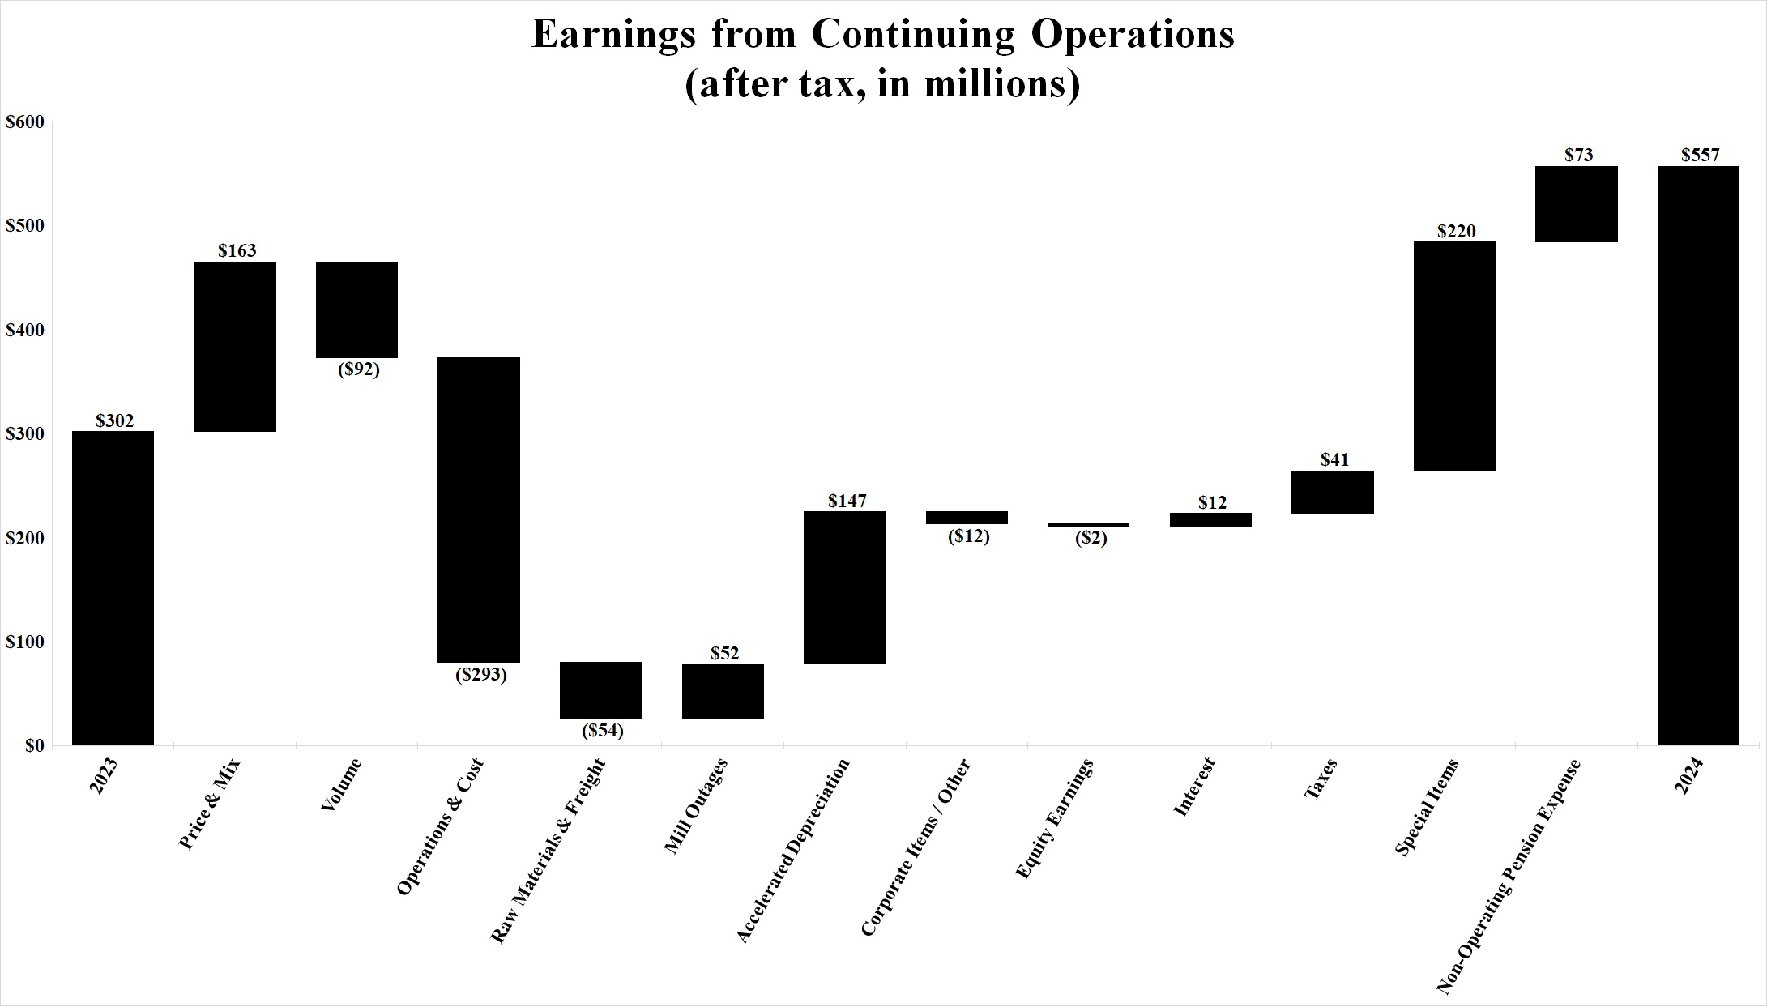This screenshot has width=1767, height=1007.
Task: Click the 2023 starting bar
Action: click(x=113, y=587)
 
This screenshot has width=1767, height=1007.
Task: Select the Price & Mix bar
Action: click(x=235, y=347)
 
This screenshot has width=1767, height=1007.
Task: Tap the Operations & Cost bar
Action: click(x=479, y=510)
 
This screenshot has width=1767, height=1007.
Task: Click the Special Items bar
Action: click(x=1454, y=356)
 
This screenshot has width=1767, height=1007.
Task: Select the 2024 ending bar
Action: click(x=1698, y=455)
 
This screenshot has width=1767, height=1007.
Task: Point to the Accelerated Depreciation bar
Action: click(x=844, y=587)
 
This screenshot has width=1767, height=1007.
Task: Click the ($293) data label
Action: click(x=480, y=675)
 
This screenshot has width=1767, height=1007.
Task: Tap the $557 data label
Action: click(x=1700, y=155)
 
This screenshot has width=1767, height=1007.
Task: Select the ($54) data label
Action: click(x=603, y=731)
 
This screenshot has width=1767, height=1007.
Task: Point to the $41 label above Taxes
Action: click(x=1334, y=460)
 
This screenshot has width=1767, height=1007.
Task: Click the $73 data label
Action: click(x=1578, y=155)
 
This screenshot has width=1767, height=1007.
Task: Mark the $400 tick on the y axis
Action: click(x=24, y=330)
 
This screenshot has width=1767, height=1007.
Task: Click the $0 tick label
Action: click(x=33, y=745)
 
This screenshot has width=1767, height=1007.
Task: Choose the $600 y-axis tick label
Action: click(x=24, y=122)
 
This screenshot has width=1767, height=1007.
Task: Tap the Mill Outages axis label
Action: click(x=695, y=806)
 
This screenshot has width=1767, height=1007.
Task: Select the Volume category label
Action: click(x=340, y=785)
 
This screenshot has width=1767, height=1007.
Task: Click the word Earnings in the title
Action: click(x=612, y=34)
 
